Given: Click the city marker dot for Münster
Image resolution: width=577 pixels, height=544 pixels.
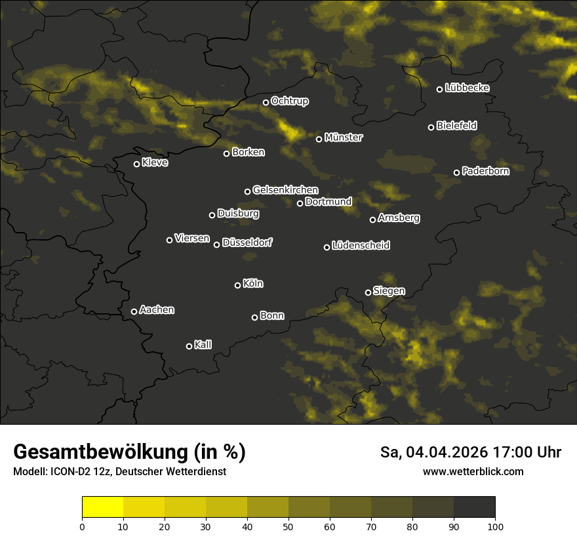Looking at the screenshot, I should coord(319,139).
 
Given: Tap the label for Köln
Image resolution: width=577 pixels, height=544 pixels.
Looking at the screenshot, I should coord(253,284).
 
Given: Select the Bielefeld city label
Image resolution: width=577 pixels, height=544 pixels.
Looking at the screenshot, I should coord(457,126).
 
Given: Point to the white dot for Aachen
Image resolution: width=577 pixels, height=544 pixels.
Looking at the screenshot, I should coord(134,311).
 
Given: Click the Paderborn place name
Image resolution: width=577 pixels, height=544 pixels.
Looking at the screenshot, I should coord(485,171).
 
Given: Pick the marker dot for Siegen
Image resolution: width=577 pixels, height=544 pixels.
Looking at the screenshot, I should coord(368,292).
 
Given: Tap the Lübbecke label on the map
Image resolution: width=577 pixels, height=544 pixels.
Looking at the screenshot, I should coord(467,88).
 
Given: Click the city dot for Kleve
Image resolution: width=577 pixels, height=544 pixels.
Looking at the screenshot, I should coord(136,164).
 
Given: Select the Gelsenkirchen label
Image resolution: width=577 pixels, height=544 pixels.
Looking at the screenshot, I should coord(285,190).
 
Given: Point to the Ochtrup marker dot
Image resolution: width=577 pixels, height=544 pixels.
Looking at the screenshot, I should coord(266,102).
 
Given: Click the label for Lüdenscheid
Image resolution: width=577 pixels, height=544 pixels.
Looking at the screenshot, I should coord(361,246).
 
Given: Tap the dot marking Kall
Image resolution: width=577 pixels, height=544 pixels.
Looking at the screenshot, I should coord(189,346).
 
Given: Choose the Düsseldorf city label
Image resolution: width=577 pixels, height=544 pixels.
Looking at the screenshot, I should coord(247,243).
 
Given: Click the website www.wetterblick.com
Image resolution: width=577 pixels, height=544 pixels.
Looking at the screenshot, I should coord(473,472).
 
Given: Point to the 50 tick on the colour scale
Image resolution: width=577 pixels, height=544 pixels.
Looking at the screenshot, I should coord(288,526).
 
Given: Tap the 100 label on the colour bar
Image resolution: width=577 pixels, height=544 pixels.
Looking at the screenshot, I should coord(495,526).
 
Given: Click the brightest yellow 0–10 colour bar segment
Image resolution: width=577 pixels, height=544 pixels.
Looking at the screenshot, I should coord(103,507).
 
